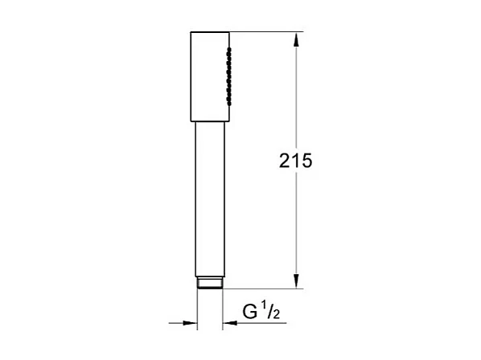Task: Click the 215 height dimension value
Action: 295,161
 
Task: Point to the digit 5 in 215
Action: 306,161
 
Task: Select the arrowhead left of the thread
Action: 191,323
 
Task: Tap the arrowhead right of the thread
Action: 229,323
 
